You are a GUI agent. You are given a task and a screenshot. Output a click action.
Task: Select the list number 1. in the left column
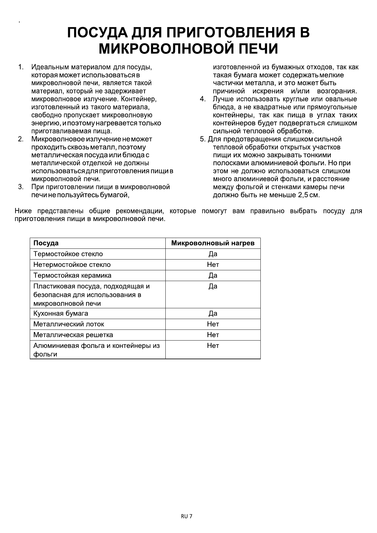[x=21, y=67]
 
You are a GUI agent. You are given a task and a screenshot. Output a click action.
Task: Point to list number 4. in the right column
[x=203, y=99]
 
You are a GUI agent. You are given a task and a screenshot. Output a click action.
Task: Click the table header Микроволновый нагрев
[x=213, y=243]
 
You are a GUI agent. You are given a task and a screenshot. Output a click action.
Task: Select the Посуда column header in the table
[x=46, y=243]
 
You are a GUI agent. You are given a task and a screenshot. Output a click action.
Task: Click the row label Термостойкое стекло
[x=68, y=254]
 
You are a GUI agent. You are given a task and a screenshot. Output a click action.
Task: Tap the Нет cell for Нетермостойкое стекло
[x=213, y=265]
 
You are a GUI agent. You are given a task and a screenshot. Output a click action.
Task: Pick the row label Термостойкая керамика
[x=72, y=275]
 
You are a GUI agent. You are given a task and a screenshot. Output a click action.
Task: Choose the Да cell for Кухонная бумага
[x=213, y=313]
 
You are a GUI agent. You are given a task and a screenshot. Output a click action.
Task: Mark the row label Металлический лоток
[x=68, y=324]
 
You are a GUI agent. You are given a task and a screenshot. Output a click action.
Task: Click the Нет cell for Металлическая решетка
[x=213, y=335]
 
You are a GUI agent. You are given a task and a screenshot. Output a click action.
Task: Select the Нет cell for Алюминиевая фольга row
[x=213, y=346]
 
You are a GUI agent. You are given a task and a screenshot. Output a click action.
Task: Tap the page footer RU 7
[x=187, y=516]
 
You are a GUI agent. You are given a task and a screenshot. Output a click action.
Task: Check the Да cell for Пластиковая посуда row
[x=213, y=286]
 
